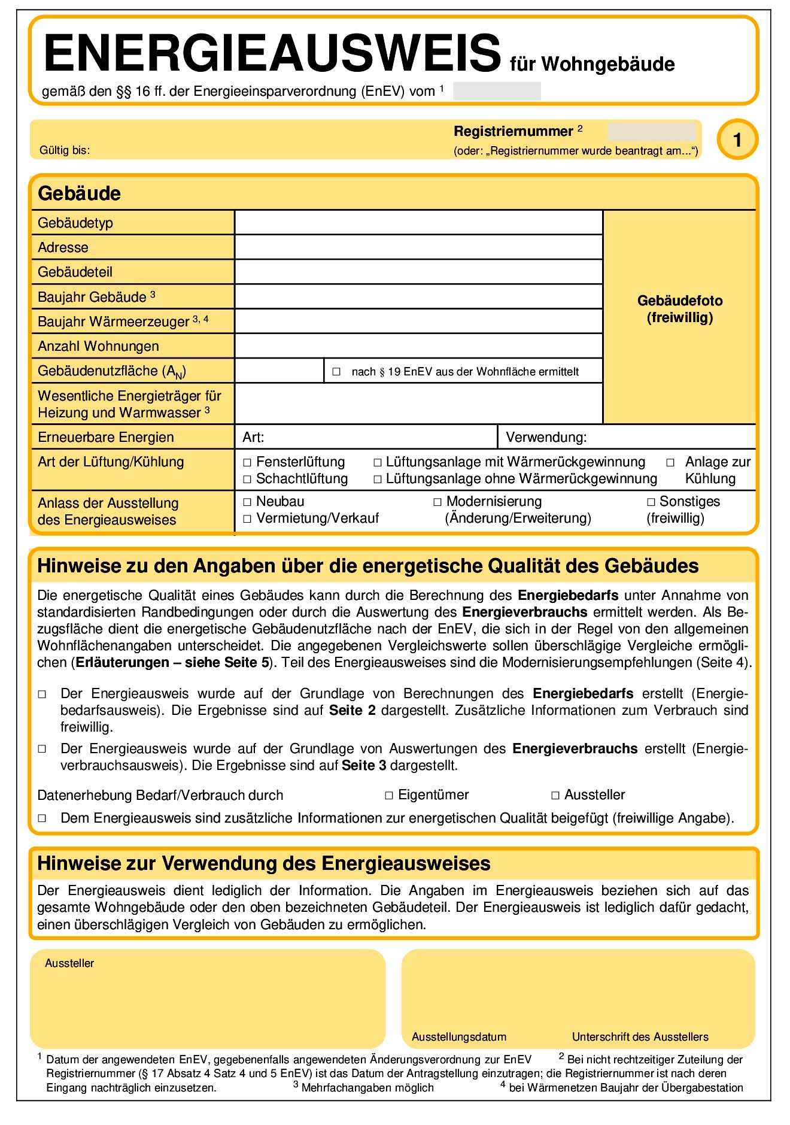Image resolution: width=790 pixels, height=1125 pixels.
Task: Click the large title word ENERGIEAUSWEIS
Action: [x=272, y=53]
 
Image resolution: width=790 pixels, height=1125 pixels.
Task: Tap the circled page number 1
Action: [x=737, y=140]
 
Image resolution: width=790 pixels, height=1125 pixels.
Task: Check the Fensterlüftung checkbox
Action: [x=247, y=463]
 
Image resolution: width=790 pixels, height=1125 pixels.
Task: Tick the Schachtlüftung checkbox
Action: [x=247, y=480]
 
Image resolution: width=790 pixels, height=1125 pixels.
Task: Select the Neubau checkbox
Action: [x=247, y=502]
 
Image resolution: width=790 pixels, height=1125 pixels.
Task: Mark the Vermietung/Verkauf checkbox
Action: [x=247, y=519]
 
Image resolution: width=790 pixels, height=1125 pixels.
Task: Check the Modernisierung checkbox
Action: [x=437, y=502]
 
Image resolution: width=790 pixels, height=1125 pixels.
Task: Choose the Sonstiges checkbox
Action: [x=651, y=502]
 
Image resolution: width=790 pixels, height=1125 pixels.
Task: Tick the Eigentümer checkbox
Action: [x=389, y=796]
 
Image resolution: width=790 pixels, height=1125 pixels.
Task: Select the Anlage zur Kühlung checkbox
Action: [x=670, y=463]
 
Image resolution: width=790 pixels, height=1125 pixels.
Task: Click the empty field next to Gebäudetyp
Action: [x=418, y=223]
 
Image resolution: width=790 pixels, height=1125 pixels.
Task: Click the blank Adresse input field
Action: [x=418, y=247]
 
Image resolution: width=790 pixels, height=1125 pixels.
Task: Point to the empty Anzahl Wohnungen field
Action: [x=418, y=346]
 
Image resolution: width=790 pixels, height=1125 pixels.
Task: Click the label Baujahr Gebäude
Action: [x=92, y=297]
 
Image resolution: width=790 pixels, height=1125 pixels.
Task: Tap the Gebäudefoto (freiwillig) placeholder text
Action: [x=680, y=309]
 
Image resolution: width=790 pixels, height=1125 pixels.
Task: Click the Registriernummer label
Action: [x=513, y=132]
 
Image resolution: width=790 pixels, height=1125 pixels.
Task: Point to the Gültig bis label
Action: [x=65, y=150]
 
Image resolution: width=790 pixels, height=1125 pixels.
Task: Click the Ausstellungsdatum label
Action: [x=459, y=1037]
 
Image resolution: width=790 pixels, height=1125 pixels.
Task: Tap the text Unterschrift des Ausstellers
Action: [x=640, y=1037]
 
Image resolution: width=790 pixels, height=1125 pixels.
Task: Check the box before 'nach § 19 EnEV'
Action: [x=336, y=372]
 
